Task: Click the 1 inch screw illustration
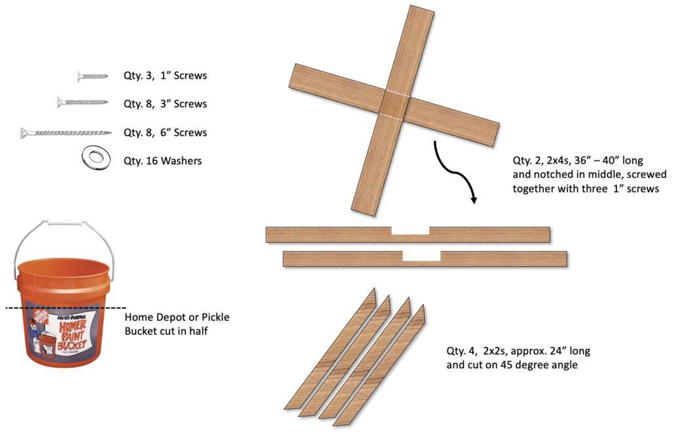(92, 76)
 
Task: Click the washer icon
(95, 157)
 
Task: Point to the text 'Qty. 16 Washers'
(162, 160)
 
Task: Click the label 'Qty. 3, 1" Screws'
(165, 75)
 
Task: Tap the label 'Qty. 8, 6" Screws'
(165, 132)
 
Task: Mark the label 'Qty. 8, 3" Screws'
(165, 103)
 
